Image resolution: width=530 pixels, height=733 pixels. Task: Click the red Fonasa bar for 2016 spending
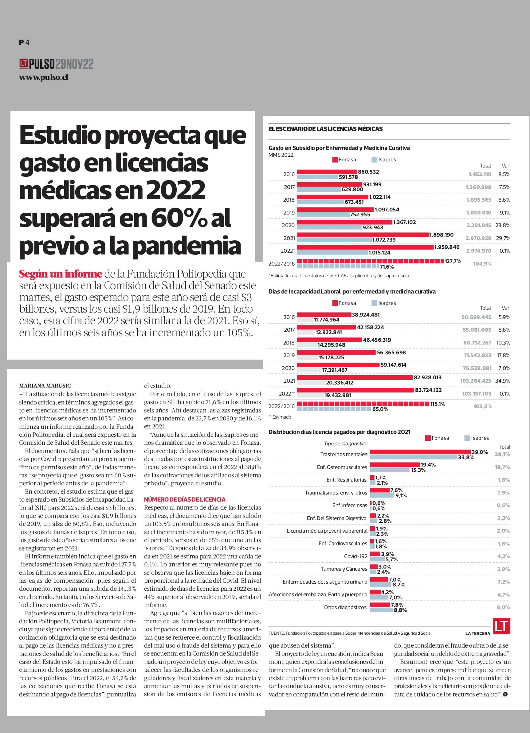click(327, 171)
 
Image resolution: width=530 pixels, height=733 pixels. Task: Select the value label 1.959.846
click(447, 247)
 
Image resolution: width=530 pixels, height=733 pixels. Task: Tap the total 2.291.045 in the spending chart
click(479, 225)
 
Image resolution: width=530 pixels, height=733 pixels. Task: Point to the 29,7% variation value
click(503, 238)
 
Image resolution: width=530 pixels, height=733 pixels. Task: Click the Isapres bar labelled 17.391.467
click(309, 370)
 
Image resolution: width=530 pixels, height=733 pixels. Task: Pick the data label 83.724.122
click(428, 390)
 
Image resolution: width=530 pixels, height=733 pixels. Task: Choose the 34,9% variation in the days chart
click(503, 381)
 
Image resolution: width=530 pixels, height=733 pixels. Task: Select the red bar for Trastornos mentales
click(420, 452)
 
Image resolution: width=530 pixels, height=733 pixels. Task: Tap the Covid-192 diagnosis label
click(355, 556)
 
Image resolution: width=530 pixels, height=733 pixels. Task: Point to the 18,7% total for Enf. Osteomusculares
click(502, 467)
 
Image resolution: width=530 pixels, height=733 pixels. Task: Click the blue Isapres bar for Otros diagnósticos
click(381, 610)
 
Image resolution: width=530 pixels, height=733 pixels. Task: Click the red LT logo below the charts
click(501, 626)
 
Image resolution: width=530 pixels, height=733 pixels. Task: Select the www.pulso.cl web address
click(44, 77)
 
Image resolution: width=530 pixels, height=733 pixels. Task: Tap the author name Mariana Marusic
click(45, 386)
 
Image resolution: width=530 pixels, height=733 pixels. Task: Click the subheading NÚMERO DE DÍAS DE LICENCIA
click(185, 499)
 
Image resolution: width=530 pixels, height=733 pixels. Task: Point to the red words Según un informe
click(61, 274)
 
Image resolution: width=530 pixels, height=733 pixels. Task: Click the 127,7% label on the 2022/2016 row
click(453, 261)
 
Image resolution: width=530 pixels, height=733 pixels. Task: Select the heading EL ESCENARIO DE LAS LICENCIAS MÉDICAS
click(325, 129)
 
